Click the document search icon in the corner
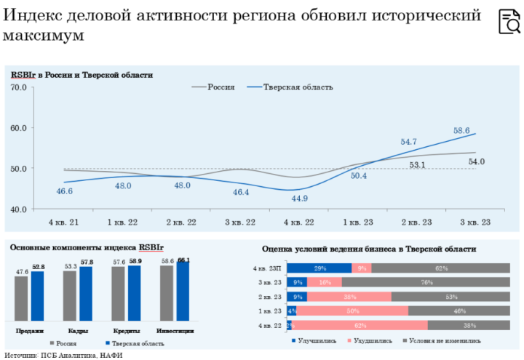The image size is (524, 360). click(509, 23)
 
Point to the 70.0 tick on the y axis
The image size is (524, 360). click(19, 88)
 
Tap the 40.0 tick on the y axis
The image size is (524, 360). click(19, 209)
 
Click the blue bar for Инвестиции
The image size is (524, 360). click(183, 294)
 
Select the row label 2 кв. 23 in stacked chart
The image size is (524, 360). click(269, 297)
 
